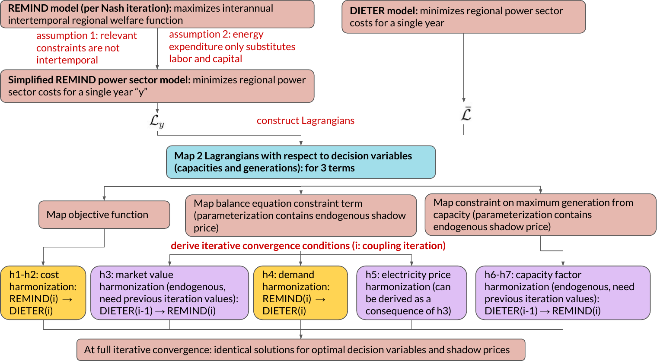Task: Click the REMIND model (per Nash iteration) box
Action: coord(157,14)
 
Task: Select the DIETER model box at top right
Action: coord(463,17)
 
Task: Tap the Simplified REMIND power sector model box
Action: coord(157,86)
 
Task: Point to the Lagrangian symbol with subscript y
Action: coord(156,121)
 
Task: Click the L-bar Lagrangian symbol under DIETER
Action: coord(466,114)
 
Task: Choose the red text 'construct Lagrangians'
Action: coord(305,121)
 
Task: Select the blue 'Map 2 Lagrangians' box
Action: coord(300,162)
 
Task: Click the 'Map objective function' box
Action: coord(104,215)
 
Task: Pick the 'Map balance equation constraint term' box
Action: coord(300,215)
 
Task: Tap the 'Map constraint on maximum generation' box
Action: coord(540,215)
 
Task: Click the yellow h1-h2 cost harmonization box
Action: coord(43,293)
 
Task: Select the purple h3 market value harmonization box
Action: coord(169,293)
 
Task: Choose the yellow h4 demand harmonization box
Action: coord(300,293)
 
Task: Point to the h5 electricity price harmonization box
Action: coord(411,293)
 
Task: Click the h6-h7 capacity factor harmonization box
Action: coord(562,293)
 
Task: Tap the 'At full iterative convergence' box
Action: coord(300,350)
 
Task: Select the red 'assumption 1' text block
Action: coord(86,48)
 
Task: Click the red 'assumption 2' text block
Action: coord(232,47)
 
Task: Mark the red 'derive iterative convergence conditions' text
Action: coord(308,246)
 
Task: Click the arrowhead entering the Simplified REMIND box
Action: coord(157,67)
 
